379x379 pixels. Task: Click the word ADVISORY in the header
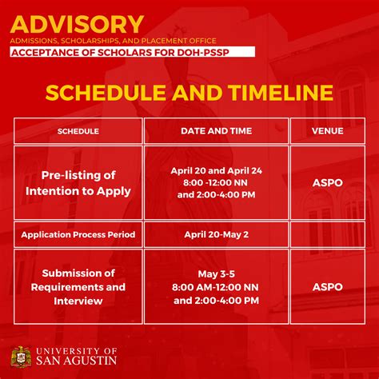click(78, 24)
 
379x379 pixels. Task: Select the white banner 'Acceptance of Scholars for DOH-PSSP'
click(132, 52)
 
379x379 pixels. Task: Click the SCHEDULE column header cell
click(78, 130)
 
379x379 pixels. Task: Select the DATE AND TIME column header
click(216, 130)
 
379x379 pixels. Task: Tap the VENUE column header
click(327, 130)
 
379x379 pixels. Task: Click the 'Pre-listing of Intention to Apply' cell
click(78, 183)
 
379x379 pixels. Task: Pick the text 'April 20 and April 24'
click(216, 170)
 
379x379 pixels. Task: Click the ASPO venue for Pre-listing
click(327, 183)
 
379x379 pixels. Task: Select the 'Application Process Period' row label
click(78, 235)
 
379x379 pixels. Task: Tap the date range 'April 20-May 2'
click(216, 235)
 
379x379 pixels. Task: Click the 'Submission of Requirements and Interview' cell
click(78, 286)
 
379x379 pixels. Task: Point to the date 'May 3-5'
click(216, 273)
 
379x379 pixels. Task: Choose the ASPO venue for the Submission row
click(327, 286)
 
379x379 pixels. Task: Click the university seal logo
click(22, 357)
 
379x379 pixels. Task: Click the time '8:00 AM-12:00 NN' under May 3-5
click(216, 286)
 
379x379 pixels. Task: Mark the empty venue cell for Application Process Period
click(327, 235)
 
